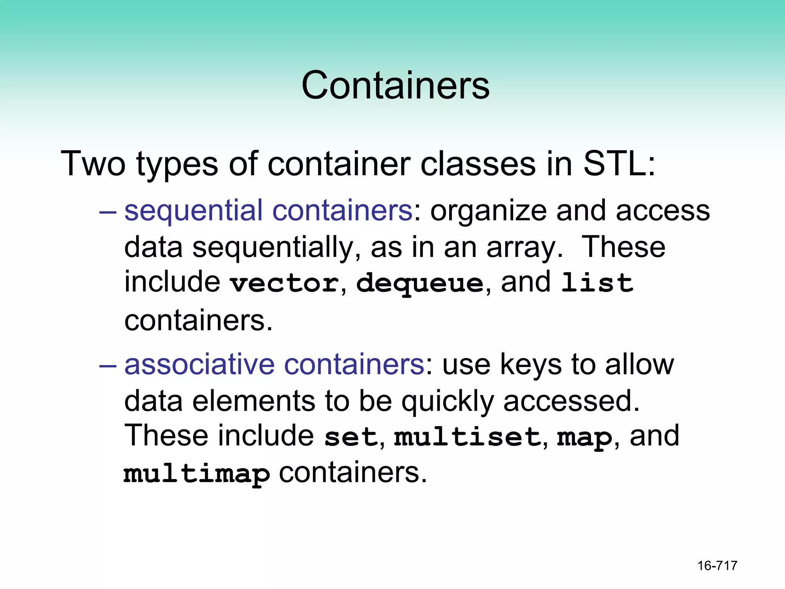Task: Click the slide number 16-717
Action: pos(717,566)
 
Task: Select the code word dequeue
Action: pos(420,284)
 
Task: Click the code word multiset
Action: pos(467,437)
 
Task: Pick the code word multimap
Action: pos(197,474)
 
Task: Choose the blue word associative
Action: pos(199,364)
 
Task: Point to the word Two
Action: pos(93,164)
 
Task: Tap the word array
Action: pos(521,248)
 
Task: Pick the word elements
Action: pos(253,401)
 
